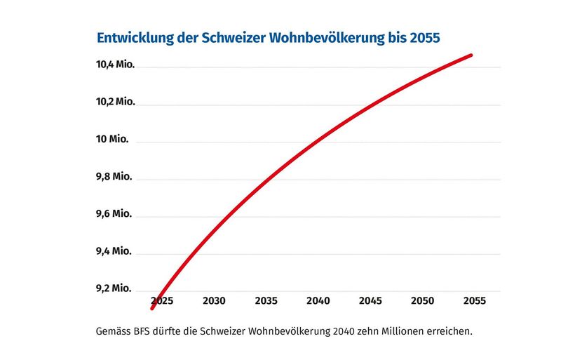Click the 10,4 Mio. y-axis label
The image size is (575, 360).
pos(115,65)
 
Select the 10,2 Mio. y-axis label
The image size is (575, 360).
pos(115,102)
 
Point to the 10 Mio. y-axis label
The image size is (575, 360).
pos(112,139)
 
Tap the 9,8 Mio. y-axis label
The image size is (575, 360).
pos(114,176)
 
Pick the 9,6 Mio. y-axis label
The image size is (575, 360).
pos(114,213)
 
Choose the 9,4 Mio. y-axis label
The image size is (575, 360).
pos(114,251)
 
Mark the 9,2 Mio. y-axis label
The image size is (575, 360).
pos(114,288)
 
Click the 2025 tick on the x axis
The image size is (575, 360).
pos(162,300)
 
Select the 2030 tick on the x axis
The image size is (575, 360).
pos(214,300)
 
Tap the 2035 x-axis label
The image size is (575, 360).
pos(266,300)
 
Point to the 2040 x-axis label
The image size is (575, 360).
pos(318,300)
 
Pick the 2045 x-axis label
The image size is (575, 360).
pos(370,300)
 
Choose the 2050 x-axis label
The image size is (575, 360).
pos(422,300)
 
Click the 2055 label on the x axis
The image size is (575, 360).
pos(474,300)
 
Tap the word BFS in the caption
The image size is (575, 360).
pos(140,330)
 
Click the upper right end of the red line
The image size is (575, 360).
pos(471,55)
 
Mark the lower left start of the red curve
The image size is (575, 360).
pos(152,307)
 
